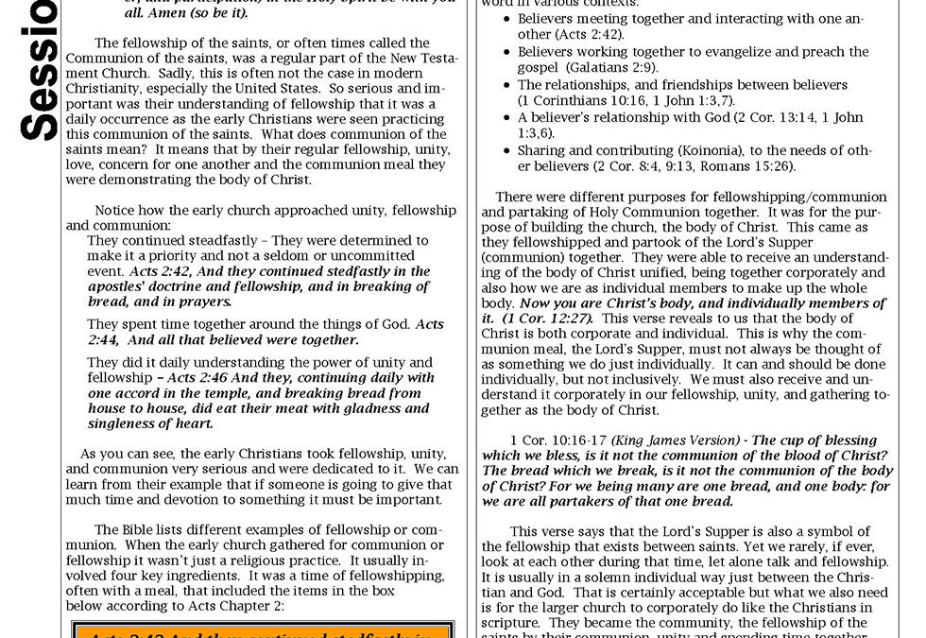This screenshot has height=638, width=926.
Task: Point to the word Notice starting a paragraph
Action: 116,210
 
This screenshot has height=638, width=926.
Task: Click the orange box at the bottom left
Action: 262,629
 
